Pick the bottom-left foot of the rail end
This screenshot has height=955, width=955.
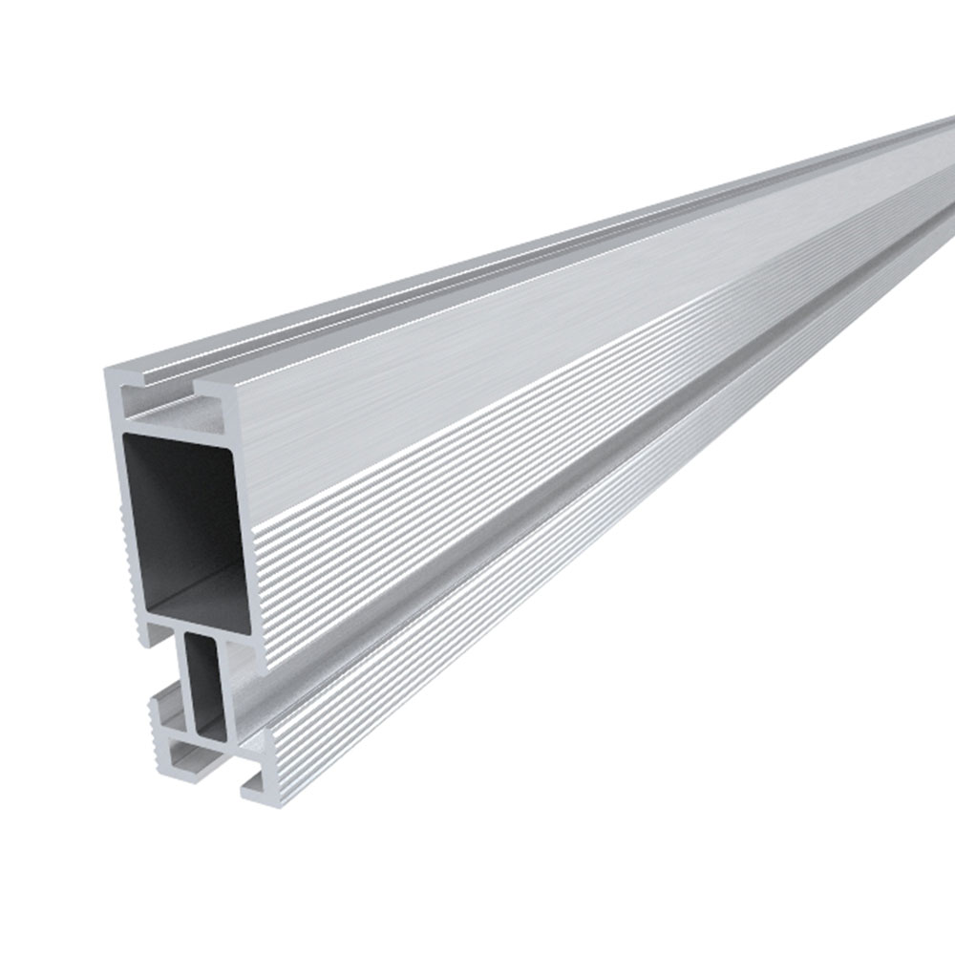[172, 754]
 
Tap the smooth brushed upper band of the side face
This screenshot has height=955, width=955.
[477, 363]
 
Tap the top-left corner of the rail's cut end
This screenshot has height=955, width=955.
[108, 371]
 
